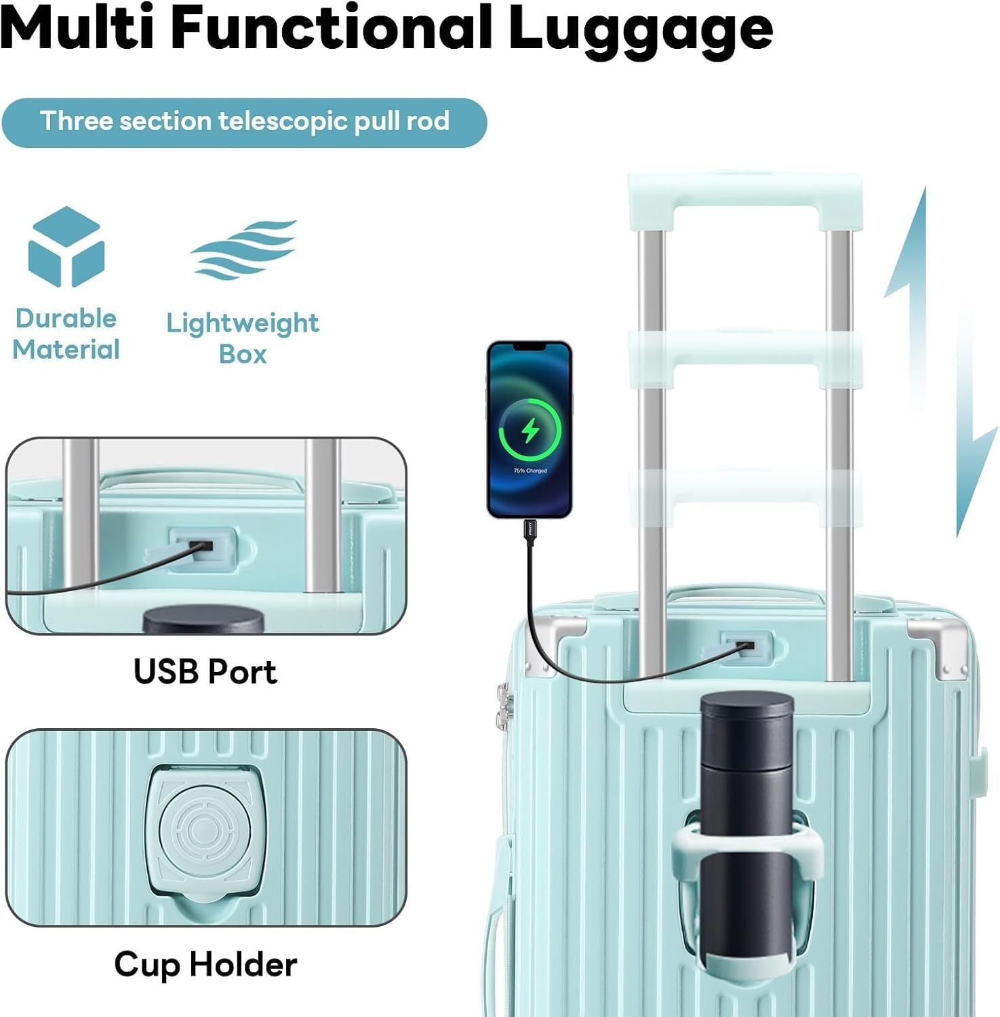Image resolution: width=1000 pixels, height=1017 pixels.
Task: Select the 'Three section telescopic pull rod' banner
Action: pyautogui.click(x=244, y=122)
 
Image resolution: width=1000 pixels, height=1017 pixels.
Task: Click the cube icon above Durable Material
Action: pyautogui.click(x=66, y=247)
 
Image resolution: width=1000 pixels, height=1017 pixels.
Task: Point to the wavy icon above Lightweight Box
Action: pyautogui.click(x=244, y=249)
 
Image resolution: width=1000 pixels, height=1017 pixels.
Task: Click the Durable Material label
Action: pyautogui.click(x=66, y=334)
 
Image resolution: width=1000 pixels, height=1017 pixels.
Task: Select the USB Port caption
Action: pyautogui.click(x=205, y=671)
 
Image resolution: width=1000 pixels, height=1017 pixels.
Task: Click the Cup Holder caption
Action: pyautogui.click(x=205, y=964)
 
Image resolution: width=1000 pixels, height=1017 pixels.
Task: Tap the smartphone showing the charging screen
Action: pyautogui.click(x=529, y=428)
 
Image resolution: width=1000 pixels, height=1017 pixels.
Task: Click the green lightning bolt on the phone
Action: pyautogui.click(x=530, y=430)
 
